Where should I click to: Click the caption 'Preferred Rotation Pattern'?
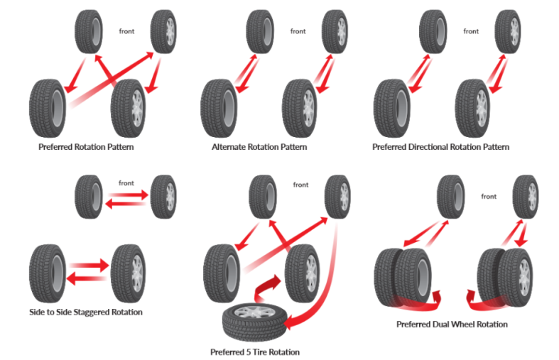pos(86,147)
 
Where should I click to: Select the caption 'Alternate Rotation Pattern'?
pos(259,147)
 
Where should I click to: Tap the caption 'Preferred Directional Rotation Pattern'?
pos(440,147)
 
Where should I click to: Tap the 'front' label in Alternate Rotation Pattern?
pos(298,31)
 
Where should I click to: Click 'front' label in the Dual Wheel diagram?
pos(488,196)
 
